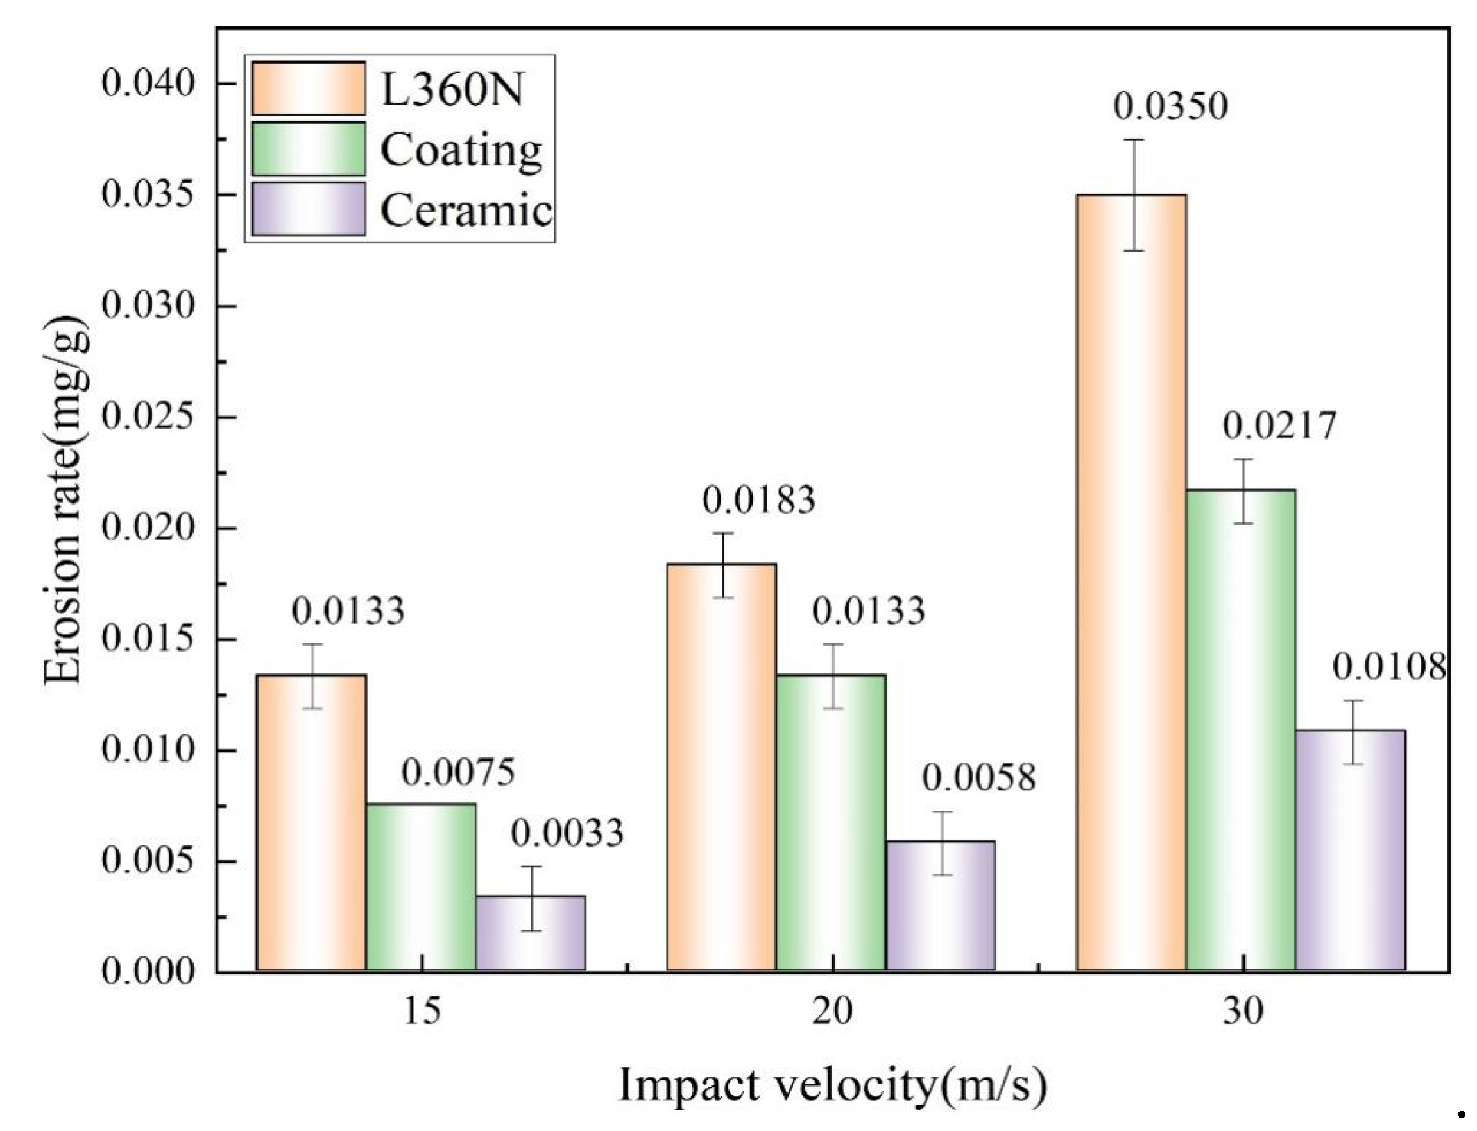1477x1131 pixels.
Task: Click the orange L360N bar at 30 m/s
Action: tap(1131, 582)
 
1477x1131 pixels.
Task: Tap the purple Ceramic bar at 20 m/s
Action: tap(940, 905)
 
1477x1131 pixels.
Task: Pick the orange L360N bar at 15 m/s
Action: tap(311, 822)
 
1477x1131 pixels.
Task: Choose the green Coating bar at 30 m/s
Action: tap(1240, 730)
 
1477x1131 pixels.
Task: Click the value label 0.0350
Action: tap(1170, 107)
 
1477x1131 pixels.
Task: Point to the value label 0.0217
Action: tap(1279, 426)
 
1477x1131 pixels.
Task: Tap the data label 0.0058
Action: tap(978, 778)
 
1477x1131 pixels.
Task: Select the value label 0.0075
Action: tap(458, 772)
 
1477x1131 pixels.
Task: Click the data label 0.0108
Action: tap(1388, 667)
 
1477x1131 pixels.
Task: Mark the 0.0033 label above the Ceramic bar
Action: tap(567, 833)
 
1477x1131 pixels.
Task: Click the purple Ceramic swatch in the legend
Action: tap(308, 209)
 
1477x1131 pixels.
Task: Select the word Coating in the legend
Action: tap(461, 150)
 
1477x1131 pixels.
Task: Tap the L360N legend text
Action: tap(452, 89)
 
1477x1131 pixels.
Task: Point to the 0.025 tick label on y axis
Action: tap(148, 417)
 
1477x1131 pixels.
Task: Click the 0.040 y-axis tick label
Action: tap(148, 83)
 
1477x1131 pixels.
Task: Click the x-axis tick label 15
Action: tap(422, 1010)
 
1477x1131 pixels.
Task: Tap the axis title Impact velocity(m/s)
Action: tap(832, 1085)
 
